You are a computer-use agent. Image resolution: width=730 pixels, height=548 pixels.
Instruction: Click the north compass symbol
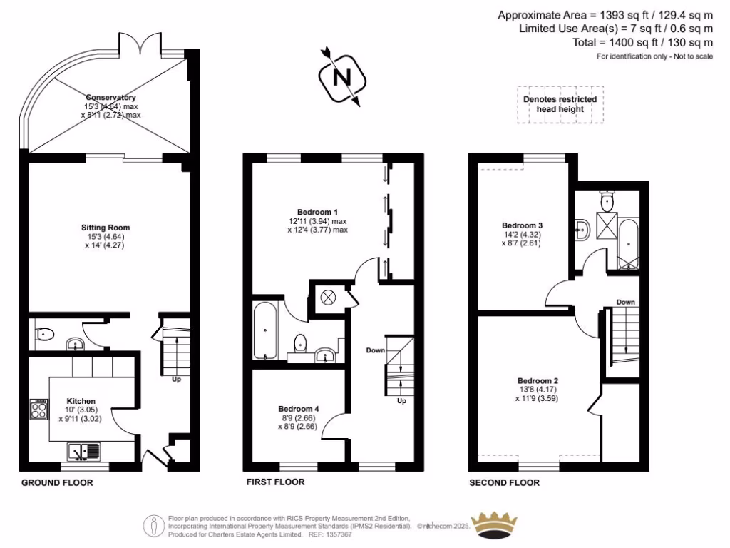342,76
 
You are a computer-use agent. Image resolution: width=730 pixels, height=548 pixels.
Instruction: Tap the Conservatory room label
110,98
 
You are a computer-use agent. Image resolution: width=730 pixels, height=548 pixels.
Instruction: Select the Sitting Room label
105,228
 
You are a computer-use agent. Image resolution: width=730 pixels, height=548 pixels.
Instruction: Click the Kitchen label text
81,401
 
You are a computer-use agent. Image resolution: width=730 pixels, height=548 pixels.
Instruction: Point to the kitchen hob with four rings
38,409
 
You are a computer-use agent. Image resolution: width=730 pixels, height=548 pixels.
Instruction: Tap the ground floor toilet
45,333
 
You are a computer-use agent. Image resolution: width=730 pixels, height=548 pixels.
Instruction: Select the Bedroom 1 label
318,212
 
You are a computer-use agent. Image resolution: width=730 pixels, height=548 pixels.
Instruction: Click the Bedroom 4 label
299,409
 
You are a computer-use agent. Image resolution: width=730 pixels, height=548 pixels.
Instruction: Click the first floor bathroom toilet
301,344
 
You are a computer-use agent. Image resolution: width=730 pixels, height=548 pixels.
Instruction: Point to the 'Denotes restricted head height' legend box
560,104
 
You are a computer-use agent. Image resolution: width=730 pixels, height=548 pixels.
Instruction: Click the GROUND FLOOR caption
57,483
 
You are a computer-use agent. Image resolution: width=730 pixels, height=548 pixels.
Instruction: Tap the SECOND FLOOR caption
504,483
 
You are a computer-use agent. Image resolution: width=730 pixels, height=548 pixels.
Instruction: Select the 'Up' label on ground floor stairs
177,380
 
